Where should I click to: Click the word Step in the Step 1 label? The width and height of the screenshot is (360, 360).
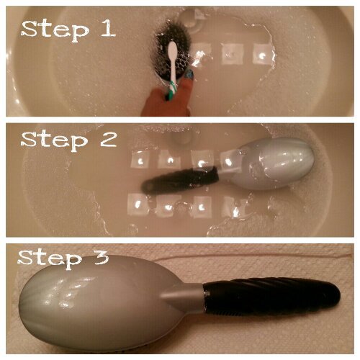[x=55, y=31]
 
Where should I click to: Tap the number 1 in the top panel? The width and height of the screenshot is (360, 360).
[x=107, y=28]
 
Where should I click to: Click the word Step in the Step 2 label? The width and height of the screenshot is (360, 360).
[x=55, y=141]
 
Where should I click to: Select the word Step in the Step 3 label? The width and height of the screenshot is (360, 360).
[x=50, y=258]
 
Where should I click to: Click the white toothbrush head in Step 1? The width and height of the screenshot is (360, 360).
[x=172, y=51]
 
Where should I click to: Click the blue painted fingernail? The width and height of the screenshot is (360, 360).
[x=189, y=73]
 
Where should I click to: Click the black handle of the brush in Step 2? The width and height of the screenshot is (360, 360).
[x=179, y=180]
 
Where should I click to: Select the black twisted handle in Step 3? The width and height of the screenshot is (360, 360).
[x=272, y=296]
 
